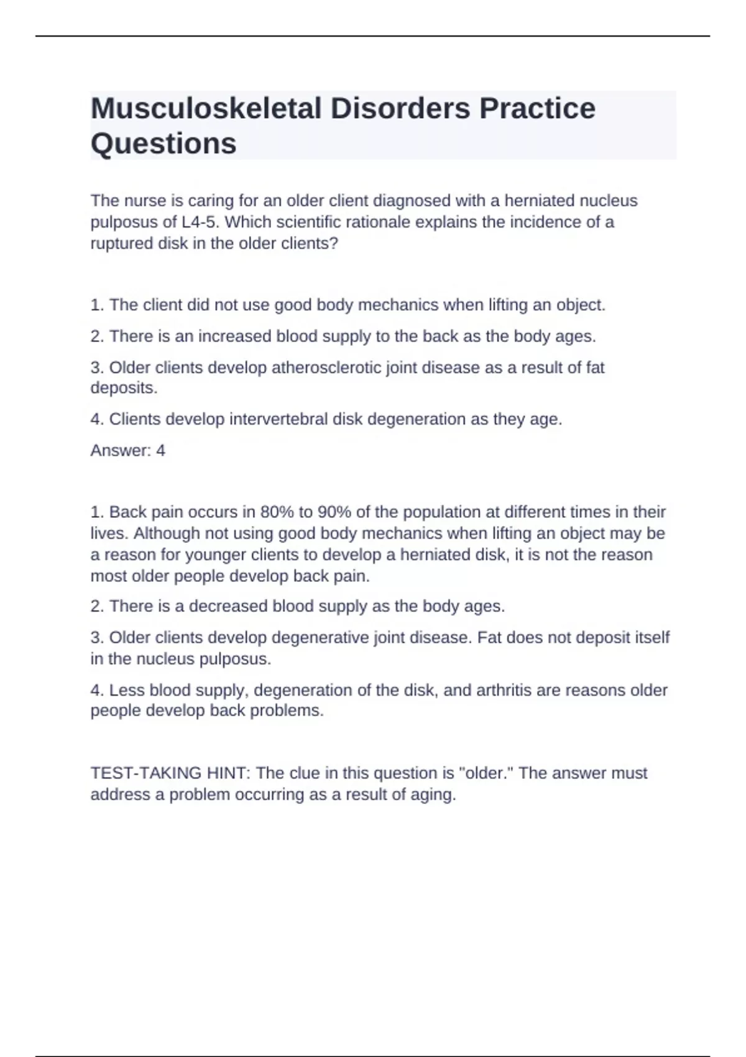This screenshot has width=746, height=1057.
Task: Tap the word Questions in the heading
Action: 163,144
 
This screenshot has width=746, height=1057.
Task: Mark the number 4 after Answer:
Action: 160,451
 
